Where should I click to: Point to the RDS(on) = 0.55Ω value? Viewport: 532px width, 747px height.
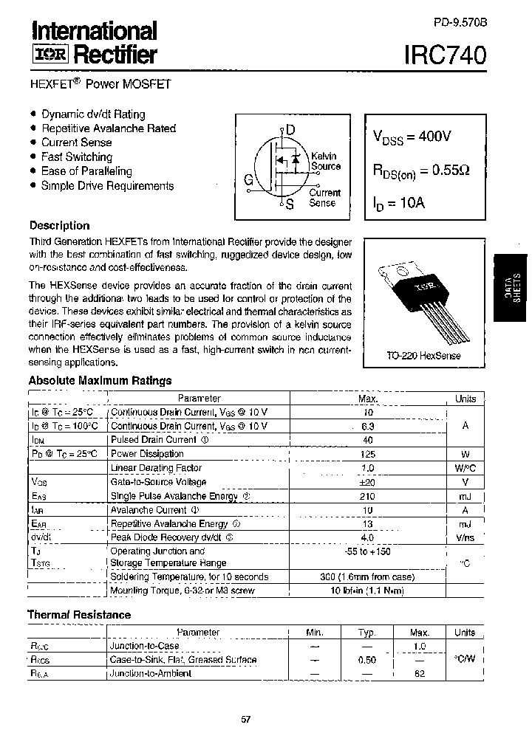[x=420, y=171]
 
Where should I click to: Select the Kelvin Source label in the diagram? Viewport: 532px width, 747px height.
[x=325, y=161]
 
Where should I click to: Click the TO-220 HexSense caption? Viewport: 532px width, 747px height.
[x=423, y=356]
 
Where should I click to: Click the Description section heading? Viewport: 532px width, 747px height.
[x=59, y=226]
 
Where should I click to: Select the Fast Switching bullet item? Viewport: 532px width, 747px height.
[x=77, y=156]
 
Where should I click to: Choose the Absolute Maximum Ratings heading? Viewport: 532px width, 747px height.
[x=100, y=381]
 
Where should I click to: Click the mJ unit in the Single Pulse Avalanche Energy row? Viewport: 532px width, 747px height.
[x=465, y=496]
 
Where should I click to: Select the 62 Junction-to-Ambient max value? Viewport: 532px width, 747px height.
[x=420, y=674]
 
